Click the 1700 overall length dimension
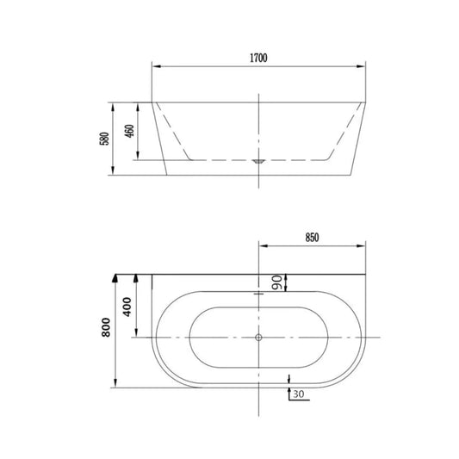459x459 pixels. [x=258, y=58]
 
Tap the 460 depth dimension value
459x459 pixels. [x=129, y=132]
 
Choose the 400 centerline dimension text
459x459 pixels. [x=127, y=307]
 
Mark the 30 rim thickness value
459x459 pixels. [x=298, y=394]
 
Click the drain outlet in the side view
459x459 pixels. [x=258, y=159]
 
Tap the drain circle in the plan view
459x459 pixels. [x=258, y=338]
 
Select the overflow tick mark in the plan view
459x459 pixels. [x=258, y=293]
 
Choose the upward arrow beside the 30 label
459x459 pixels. [x=287, y=380]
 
